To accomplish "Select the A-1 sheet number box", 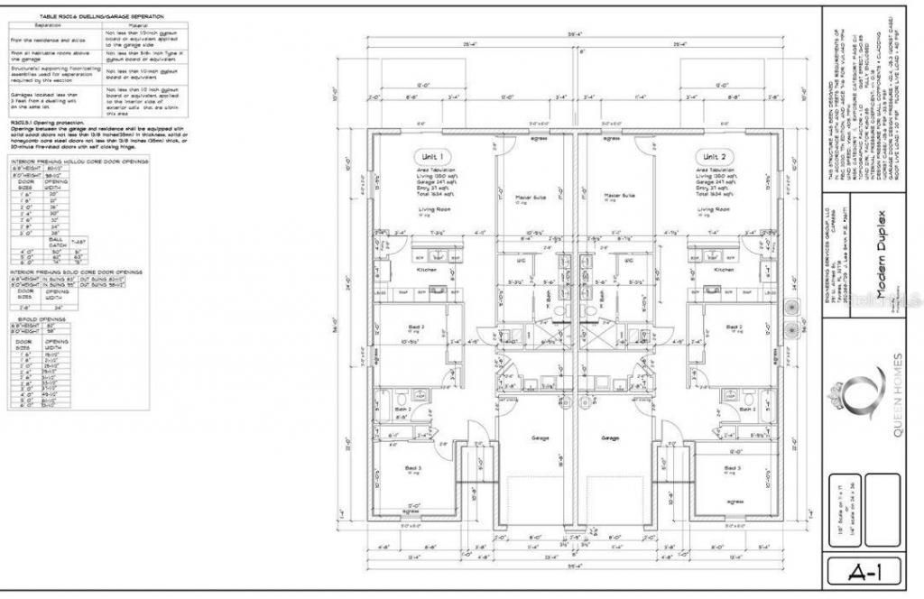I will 864,571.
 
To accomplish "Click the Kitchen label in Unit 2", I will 724,270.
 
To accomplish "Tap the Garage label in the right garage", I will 611,438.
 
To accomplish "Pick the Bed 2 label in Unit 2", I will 734,327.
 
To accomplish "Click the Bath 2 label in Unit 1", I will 402,409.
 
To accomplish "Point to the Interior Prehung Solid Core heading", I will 76,271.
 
